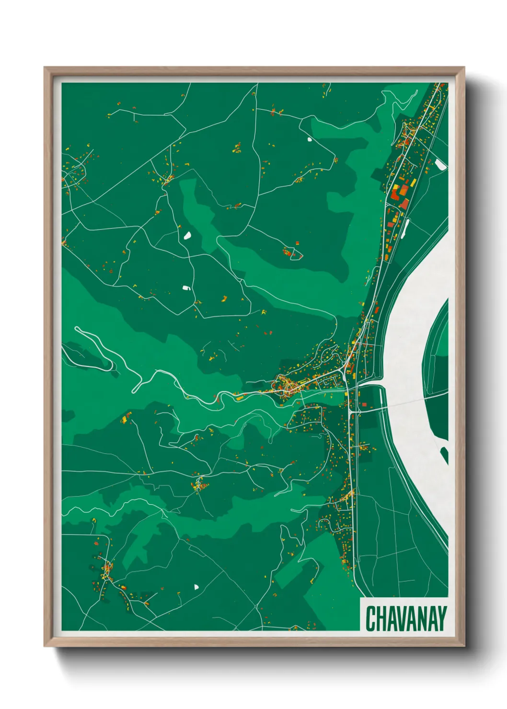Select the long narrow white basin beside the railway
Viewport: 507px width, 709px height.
pyautogui.click(x=406, y=230)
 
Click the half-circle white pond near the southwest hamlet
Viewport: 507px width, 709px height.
pyautogui.click(x=196, y=586)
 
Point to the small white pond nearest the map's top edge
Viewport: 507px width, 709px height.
pyautogui.click(x=309, y=139)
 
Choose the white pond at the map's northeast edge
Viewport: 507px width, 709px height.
pyautogui.click(x=440, y=165)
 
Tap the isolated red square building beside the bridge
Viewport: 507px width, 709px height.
pyautogui.click(x=364, y=404)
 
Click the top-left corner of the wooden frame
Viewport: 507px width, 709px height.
pyautogui.click(x=45, y=68)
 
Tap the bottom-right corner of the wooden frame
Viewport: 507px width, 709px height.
pyautogui.click(x=464, y=646)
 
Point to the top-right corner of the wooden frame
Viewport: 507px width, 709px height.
pyautogui.click(x=464, y=68)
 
